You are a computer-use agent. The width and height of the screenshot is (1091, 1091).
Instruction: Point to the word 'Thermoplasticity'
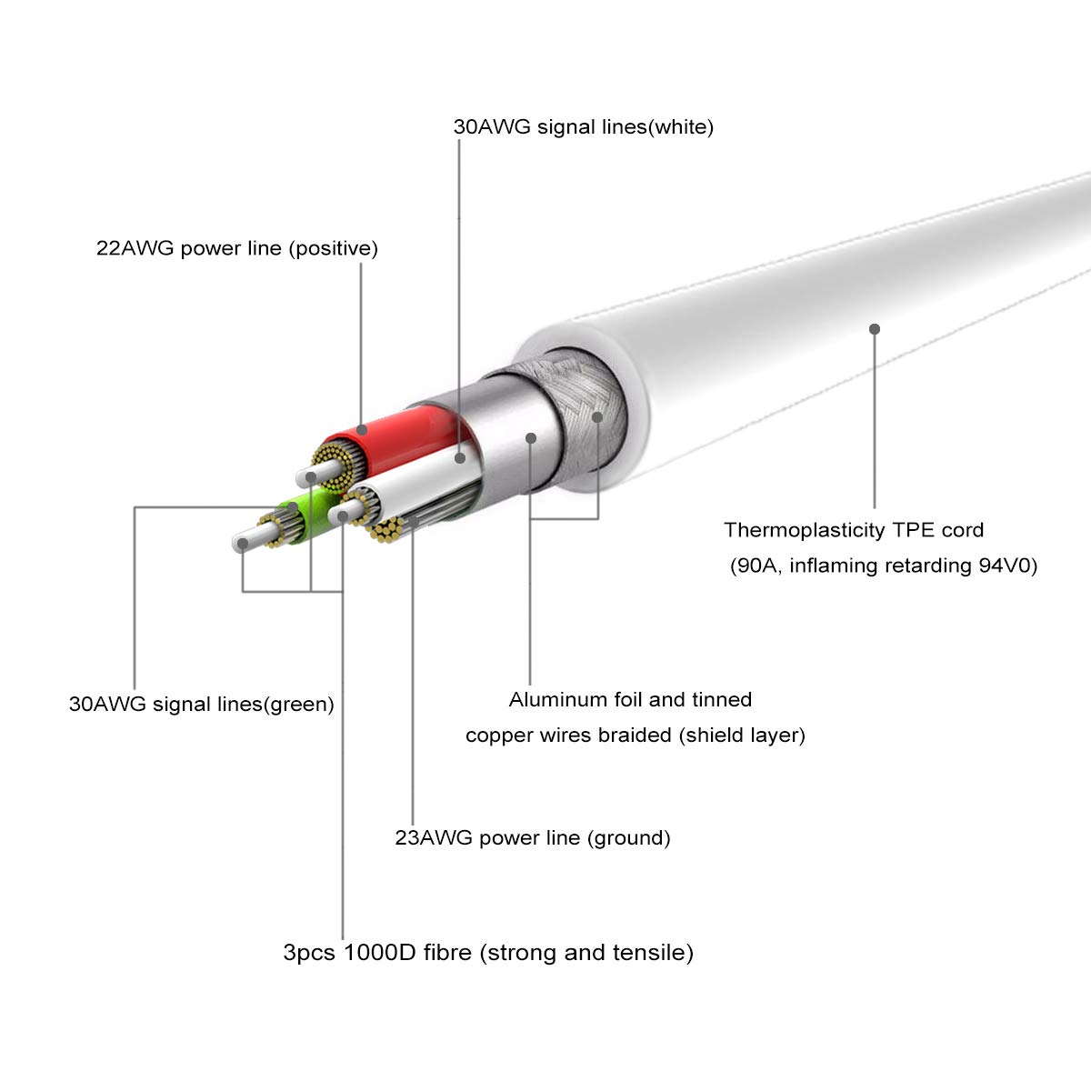click(805, 530)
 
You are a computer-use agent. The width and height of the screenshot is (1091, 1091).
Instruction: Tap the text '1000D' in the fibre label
click(380, 952)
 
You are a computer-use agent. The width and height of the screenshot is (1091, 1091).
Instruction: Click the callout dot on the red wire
click(363, 430)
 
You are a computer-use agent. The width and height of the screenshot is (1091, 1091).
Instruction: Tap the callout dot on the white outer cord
click(875, 329)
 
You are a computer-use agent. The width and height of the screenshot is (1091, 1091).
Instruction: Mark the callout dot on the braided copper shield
click(597, 417)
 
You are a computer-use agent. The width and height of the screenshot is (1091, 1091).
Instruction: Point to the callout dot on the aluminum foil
click(531, 438)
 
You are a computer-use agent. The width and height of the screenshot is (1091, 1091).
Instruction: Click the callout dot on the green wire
click(292, 507)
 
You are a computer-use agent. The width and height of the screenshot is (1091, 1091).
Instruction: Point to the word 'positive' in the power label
click(334, 249)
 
